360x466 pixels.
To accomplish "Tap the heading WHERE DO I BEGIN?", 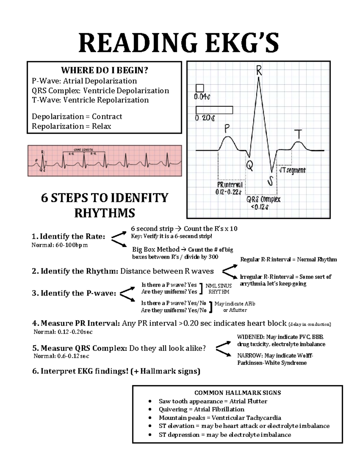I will point(104,71).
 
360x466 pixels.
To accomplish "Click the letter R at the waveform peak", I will point(259,71).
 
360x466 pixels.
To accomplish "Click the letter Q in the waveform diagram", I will point(249,166).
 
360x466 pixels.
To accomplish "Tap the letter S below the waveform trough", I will point(271,181).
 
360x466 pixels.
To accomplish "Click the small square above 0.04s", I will point(199,88).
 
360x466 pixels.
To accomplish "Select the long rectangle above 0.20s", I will point(214,110).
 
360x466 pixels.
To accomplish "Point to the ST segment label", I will point(292,170).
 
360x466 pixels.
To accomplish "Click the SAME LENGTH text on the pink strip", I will point(83,149).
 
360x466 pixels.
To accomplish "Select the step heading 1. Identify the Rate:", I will point(68,236).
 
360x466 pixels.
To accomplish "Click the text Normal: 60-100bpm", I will point(60,245).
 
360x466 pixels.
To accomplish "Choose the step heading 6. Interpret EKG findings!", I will point(116,371).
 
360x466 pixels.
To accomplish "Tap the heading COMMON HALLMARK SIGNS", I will point(238,393).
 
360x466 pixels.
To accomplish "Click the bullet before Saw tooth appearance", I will point(150,401).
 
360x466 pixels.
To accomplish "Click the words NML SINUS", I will point(218,286).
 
